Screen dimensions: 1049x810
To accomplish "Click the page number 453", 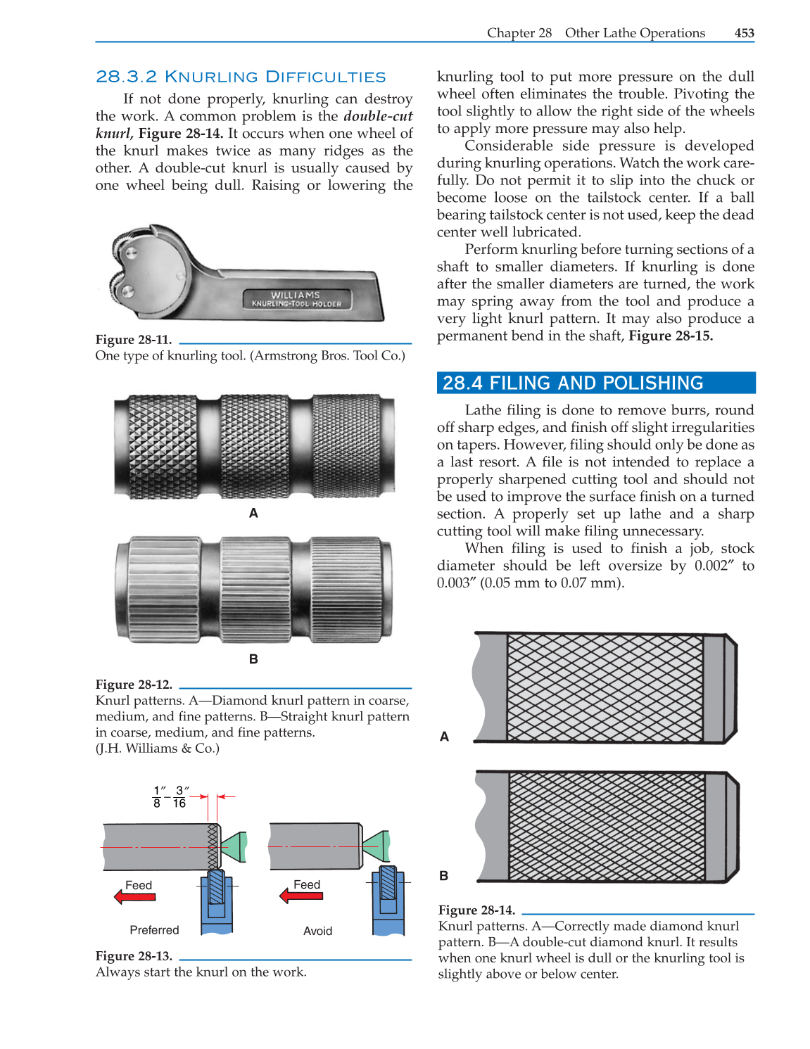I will pyautogui.click(x=744, y=33).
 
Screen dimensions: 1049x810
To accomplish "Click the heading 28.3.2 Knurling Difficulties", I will pyautogui.click(x=241, y=77).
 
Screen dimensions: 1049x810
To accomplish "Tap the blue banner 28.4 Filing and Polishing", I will pyautogui.click(x=595, y=383).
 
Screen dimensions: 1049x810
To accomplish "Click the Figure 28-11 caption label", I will pyautogui.click(x=134, y=340).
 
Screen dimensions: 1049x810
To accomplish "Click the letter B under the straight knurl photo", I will pyautogui.click(x=253, y=659).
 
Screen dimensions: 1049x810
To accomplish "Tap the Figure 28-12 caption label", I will pyautogui.click(x=134, y=685).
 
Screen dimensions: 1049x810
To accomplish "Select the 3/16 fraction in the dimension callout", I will pyautogui.click(x=180, y=796).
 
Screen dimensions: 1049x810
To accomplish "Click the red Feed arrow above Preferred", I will pyautogui.click(x=135, y=897).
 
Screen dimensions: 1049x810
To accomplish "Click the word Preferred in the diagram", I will pyautogui.click(x=154, y=930).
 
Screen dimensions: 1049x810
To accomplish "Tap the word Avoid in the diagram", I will pyautogui.click(x=317, y=931).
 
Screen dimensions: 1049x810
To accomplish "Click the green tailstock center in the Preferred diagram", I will pyautogui.click(x=234, y=846).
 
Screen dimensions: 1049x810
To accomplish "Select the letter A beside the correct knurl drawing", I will pyautogui.click(x=444, y=737).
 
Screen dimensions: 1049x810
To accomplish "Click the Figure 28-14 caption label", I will pyautogui.click(x=476, y=910).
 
